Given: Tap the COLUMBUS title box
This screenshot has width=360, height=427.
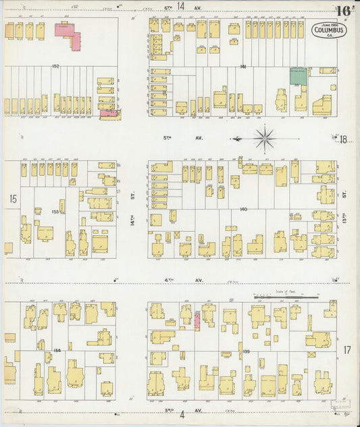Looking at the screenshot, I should pos(330,30).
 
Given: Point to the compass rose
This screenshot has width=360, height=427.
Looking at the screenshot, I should pos(266,139).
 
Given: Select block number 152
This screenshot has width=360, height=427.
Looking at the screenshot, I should pos(55,66).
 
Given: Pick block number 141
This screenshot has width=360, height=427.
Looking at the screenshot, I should pos(242,67).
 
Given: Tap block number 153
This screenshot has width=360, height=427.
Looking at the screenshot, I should pos(55,211).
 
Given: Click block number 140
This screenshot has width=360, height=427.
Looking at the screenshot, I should pos(242,209).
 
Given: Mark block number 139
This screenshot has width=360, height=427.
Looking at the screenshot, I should pos(246,351).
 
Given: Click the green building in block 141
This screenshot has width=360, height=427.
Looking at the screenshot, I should pos(298,75).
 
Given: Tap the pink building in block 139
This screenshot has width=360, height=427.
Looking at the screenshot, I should pos(197,320).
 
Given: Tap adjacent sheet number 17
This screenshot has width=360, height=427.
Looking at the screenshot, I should pos(346,349).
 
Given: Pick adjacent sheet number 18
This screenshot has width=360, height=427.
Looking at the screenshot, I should pos(343,140).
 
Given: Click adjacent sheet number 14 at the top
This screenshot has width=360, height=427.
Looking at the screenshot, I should pos(180,6).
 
